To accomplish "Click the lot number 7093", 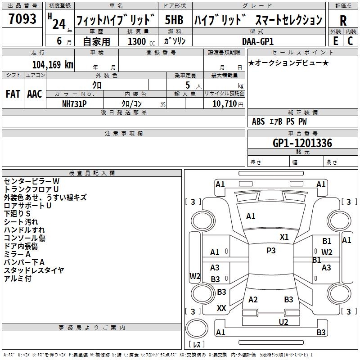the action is [22, 19].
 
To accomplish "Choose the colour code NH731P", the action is [74, 103].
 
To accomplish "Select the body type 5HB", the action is [174, 20].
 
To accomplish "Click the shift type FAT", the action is [13, 94].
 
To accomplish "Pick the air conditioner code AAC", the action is [34, 94].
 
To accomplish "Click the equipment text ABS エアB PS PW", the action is [279, 121].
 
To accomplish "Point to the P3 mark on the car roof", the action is [271, 251].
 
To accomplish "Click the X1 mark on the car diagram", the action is [284, 237].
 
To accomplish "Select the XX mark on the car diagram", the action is [221, 308].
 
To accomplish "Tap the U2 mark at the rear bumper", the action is [283, 322].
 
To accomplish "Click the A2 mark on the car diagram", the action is [253, 300].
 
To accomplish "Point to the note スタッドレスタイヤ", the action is [34, 270].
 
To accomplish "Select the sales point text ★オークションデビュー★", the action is [288, 63].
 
